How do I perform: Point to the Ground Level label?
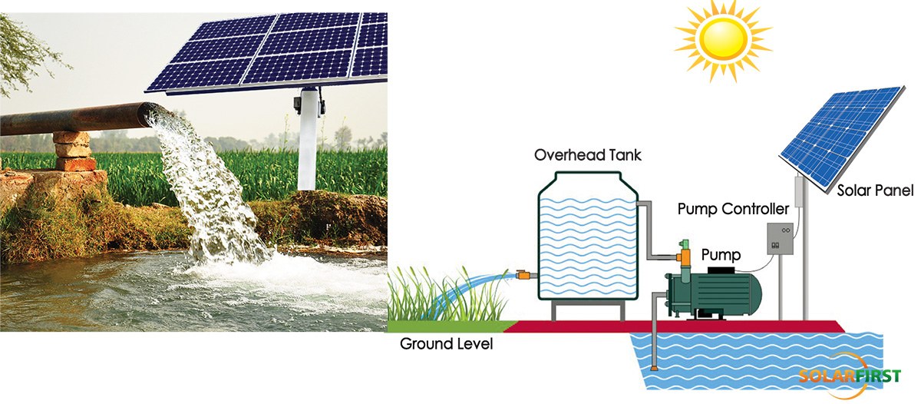[446, 344]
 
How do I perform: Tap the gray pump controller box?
[781, 240]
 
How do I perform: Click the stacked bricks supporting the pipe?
[73, 151]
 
